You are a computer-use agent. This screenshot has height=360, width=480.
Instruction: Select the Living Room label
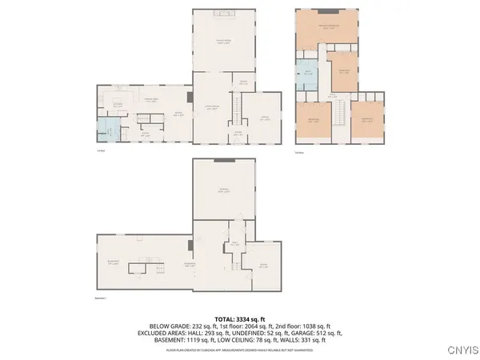212,107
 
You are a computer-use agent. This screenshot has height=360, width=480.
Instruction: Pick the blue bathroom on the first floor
106,128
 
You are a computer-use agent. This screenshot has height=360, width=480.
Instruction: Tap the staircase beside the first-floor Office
237,105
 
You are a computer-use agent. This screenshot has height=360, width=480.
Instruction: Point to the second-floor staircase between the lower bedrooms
340,114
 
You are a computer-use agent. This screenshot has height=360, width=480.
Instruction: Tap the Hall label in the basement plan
235,245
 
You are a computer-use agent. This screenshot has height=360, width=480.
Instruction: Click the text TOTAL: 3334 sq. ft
239,318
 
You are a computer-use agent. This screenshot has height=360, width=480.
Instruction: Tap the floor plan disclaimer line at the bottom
239,350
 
